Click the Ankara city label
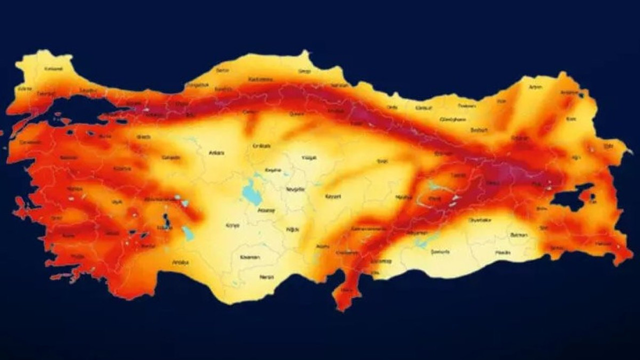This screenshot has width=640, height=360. (216, 153)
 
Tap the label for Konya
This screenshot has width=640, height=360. (232, 225)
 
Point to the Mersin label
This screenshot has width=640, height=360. (266, 276)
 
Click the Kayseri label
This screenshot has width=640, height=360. (332, 196)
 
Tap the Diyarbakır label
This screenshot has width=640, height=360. (480, 219)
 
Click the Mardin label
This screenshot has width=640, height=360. (502, 252)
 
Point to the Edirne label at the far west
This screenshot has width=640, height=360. (24, 88)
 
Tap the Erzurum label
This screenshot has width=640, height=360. (520, 137)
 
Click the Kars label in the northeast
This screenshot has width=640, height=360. (571, 119)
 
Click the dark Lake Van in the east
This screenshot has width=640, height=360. (570, 198)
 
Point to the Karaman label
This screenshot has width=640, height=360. (250, 257)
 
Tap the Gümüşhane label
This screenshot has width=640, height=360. (452, 119)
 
